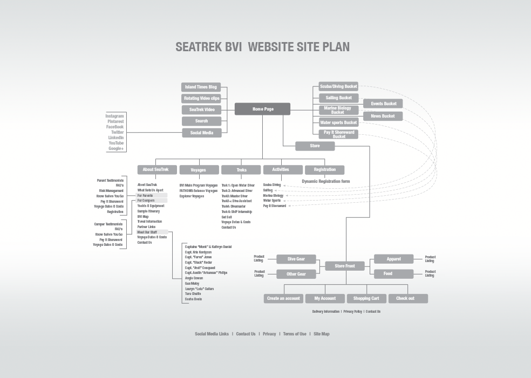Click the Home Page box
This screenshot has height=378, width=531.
point(262,109)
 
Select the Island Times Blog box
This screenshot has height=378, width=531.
point(201,87)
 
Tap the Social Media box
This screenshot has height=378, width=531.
point(201,133)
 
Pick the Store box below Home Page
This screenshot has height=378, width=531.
point(315,146)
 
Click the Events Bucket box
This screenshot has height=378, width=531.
point(383,104)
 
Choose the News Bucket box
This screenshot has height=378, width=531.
point(383,116)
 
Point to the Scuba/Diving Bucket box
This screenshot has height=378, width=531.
point(338,86)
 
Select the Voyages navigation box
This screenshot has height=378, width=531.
point(199,170)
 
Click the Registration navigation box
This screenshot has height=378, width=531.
point(324,170)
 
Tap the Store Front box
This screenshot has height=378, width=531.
point(345,266)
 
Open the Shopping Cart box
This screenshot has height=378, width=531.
point(366,298)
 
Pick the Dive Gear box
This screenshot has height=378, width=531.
point(296,259)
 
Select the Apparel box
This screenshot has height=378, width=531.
point(393,259)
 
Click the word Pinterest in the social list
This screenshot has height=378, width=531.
point(115,121)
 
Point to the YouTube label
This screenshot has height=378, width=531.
point(116,143)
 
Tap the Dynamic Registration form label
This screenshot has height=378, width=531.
point(325,181)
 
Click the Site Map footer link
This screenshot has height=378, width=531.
point(321,334)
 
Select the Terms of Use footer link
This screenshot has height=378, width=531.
point(295,334)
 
